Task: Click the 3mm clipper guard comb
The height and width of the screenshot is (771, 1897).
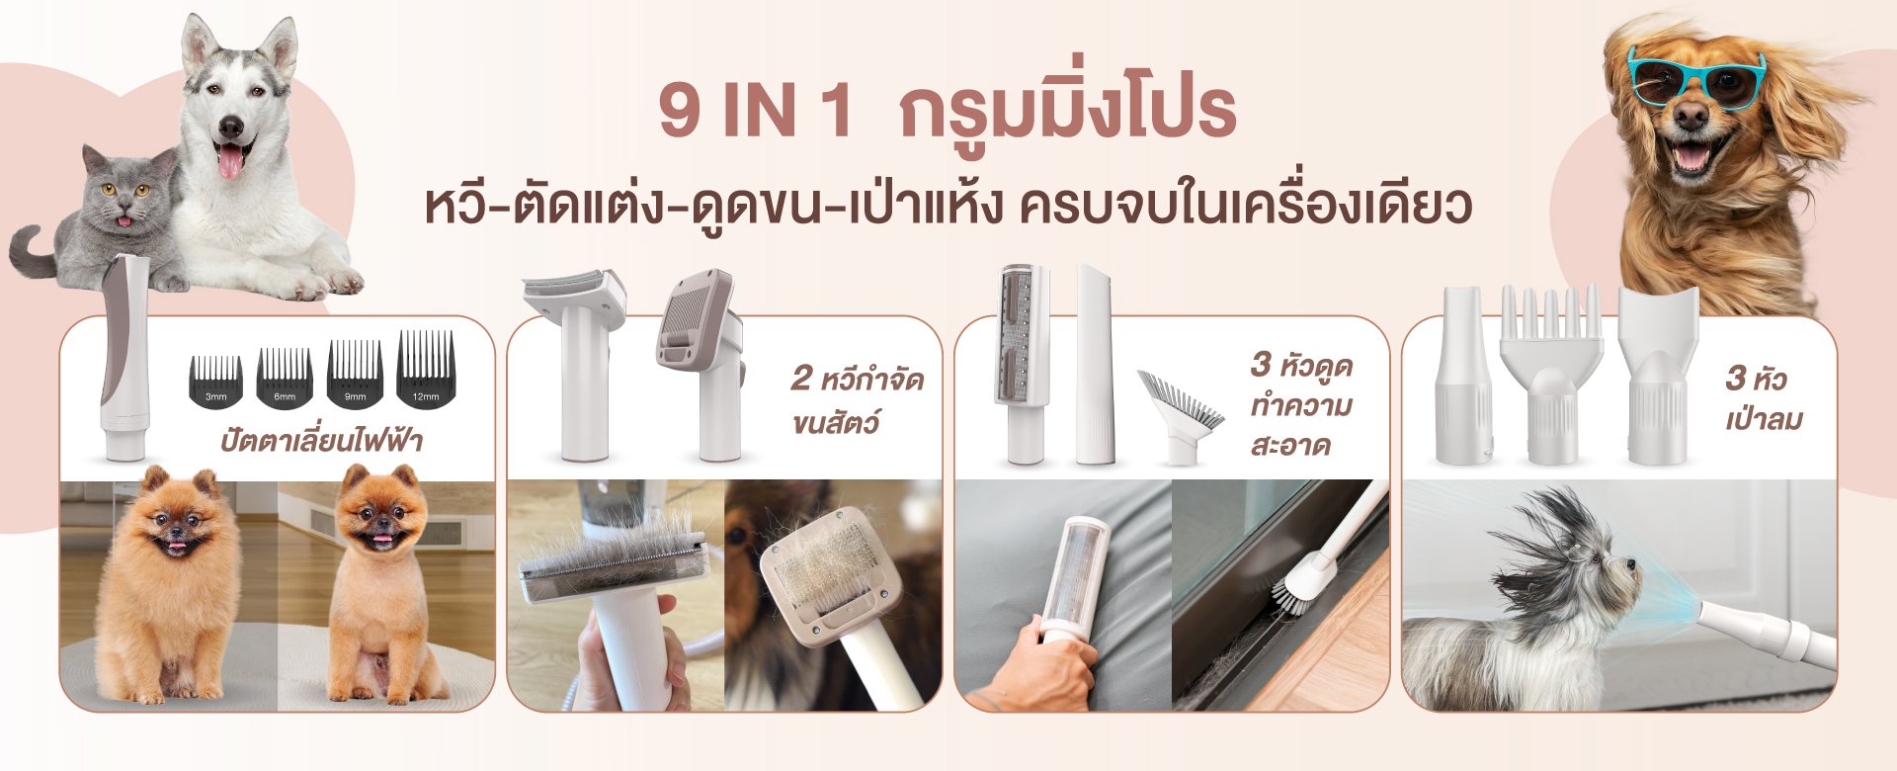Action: point(215,381)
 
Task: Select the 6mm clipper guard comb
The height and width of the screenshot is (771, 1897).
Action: point(285,377)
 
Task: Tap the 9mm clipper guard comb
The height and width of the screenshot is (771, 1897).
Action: point(355,373)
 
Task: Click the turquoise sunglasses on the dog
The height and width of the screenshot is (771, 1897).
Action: point(1695,78)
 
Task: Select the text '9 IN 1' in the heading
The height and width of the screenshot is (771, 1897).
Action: point(755,112)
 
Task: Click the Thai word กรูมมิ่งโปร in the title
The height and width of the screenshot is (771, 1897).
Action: point(1067,109)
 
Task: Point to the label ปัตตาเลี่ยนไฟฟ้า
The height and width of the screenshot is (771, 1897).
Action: point(321,439)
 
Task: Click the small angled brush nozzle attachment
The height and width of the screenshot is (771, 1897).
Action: point(1179,415)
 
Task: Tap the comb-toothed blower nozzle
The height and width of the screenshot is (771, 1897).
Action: point(1551,375)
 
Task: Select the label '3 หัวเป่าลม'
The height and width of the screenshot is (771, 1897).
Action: point(1764,397)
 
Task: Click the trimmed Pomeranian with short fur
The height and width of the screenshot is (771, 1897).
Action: point(380,583)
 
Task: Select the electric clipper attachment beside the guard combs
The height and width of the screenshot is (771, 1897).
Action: point(125,357)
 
